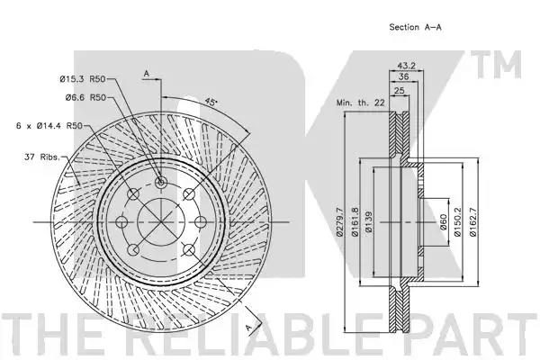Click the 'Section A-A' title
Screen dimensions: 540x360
pyautogui.click(x=415, y=27)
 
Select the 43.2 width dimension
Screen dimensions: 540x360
pyautogui.click(x=407, y=66)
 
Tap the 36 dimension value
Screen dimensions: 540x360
pyautogui.click(x=403, y=76)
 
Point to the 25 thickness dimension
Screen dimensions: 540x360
pyautogui.click(x=399, y=91)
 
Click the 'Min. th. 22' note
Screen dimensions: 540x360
pyautogui.click(x=360, y=103)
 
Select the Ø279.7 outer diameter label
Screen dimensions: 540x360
pyautogui.click(x=340, y=222)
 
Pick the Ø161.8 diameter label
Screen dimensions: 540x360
pyautogui.click(x=355, y=222)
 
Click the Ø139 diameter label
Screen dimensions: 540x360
pyautogui.click(x=369, y=222)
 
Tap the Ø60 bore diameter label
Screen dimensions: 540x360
pyautogui.click(x=443, y=222)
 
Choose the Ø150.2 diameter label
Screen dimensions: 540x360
pyautogui.click(x=458, y=222)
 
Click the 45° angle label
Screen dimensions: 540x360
pyautogui.click(x=211, y=102)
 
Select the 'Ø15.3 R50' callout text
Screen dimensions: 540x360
pyautogui.click(x=83, y=79)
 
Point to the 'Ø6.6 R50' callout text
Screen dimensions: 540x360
pyautogui.click(x=85, y=98)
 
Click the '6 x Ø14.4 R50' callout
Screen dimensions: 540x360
pyautogui.click(x=49, y=126)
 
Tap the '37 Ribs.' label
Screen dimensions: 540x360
pyautogui.click(x=42, y=157)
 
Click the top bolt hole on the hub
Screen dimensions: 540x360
pyautogui.click(x=161, y=182)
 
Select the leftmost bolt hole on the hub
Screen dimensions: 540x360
pyautogui.click(x=121, y=222)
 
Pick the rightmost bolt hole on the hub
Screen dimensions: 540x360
pyautogui.click(x=201, y=222)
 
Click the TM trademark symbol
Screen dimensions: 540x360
pyautogui.click(x=496, y=65)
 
